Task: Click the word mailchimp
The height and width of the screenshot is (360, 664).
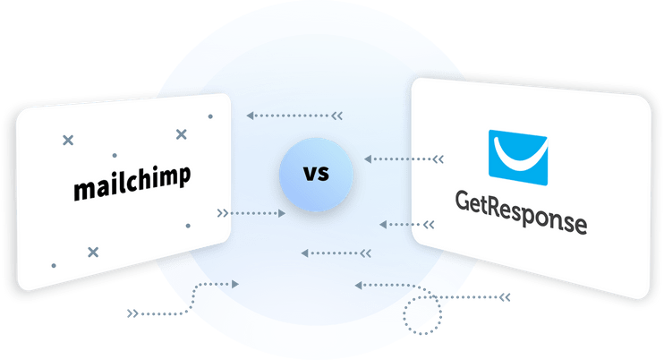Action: coord(132,183)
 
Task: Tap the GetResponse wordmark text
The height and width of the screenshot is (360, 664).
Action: coord(522,212)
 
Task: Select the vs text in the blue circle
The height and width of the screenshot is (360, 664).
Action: coord(316,174)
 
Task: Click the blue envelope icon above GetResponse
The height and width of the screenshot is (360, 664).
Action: coord(518,158)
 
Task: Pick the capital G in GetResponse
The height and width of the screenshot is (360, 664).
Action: coord(463,201)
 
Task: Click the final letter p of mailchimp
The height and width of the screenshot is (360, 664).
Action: coord(184,175)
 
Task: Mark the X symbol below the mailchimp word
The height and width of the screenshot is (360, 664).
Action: coord(93,253)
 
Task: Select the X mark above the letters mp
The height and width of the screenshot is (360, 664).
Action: coord(182,134)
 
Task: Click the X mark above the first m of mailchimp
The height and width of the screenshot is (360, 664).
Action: coord(68,141)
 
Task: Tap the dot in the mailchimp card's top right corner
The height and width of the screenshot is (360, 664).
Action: coord(210,116)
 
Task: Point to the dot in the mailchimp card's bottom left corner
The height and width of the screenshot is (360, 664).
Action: coord(54,266)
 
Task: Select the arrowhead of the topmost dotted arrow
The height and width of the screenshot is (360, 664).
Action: coord(251,116)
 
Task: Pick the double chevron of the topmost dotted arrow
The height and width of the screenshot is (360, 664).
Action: coord(337,116)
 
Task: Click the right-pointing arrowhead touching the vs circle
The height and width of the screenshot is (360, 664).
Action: coord(282,213)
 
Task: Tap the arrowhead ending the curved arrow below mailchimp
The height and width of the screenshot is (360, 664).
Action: coord(235,284)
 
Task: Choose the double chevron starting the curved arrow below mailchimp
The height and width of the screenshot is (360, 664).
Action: coord(132,313)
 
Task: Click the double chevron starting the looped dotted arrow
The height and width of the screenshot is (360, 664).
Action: coord(505,297)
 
